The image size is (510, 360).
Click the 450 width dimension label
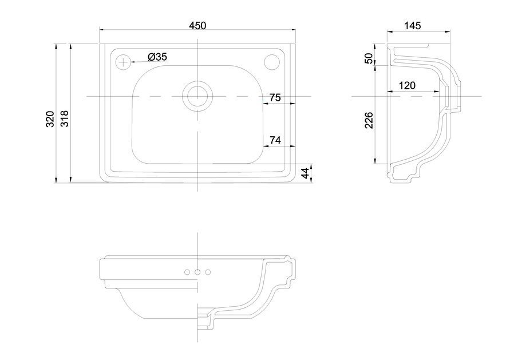197,25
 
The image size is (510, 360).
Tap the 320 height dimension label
50,119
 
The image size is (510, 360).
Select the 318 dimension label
65,118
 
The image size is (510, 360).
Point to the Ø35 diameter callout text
157,57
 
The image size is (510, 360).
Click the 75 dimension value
275,97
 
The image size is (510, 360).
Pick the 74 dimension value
275,140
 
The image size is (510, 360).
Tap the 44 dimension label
306,173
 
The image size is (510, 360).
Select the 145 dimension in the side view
412,26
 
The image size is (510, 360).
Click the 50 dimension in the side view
369,58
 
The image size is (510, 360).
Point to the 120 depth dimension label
407,85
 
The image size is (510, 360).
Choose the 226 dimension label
369,120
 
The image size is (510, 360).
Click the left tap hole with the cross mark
123,62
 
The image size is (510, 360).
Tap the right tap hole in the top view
271,62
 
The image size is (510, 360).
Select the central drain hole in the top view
197,96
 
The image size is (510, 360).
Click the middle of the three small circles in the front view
197,272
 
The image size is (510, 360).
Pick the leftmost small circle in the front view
187,272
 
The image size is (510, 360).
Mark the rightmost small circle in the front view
208,272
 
